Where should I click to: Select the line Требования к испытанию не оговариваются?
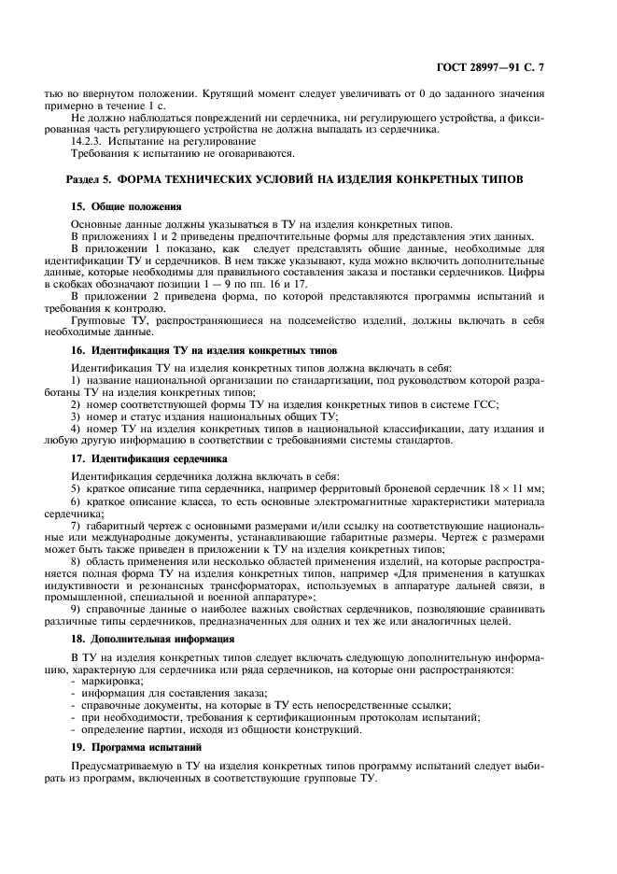click(183, 153)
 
